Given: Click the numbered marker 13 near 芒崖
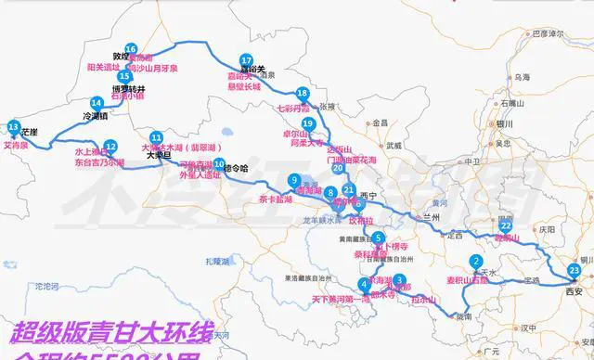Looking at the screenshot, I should click(13, 126).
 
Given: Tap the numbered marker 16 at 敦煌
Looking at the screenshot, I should click(131, 49).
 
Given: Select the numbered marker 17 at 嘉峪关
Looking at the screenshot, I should click(246, 60).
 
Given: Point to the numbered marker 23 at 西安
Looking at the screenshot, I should click(574, 270).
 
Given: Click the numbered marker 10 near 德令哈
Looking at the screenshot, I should click(219, 165).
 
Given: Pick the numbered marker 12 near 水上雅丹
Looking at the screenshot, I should click(110, 146).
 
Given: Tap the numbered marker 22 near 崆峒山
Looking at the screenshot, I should click(505, 225).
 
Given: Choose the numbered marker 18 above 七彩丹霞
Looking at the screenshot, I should click(302, 93).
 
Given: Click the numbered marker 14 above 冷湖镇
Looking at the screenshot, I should click(96, 103).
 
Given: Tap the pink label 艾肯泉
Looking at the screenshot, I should click(17, 145).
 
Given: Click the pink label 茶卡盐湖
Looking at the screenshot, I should click(276, 199).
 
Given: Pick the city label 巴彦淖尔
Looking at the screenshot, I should click(547, 33).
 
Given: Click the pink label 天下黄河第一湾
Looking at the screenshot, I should click(340, 298).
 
